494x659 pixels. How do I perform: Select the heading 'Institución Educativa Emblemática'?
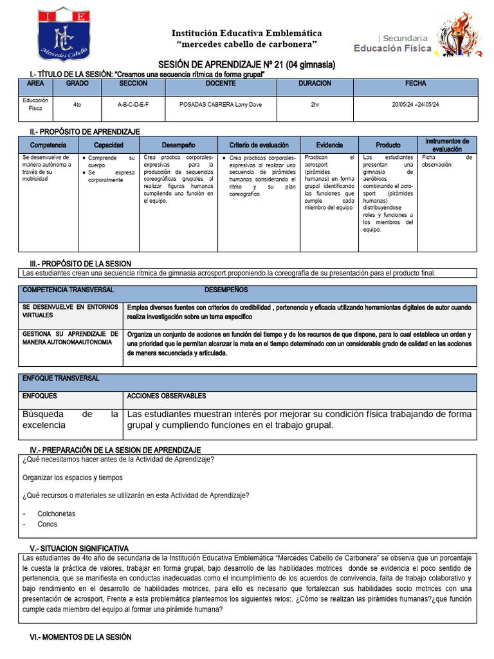(246, 33)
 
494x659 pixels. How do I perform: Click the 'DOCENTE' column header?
(221, 84)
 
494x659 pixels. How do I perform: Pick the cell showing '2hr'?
(315, 104)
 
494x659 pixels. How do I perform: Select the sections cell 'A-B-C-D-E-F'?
(133, 104)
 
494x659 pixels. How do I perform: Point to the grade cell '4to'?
(77, 104)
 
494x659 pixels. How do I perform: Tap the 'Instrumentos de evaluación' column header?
(447, 145)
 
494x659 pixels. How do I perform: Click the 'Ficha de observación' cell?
(447, 161)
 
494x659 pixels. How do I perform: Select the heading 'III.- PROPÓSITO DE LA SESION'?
(80, 264)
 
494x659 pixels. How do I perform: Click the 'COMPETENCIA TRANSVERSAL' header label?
(68, 290)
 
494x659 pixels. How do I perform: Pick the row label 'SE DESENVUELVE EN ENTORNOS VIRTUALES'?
(70, 311)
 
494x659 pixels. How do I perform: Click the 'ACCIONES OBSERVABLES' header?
(167, 396)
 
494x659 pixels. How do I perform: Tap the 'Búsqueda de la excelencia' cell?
(70, 420)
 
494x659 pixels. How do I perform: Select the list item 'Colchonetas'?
(56, 514)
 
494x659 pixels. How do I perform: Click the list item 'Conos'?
(47, 524)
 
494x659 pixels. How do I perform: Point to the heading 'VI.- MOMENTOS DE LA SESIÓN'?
(80, 636)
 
